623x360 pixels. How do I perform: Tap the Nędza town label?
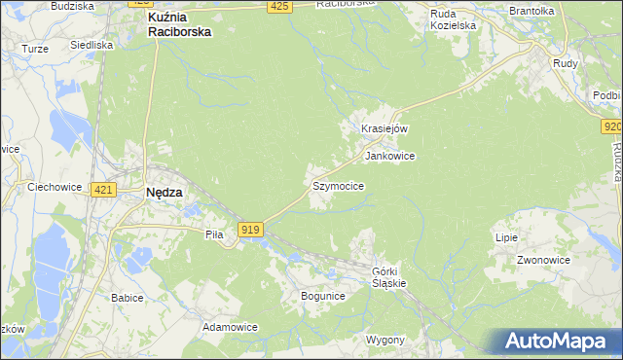164,193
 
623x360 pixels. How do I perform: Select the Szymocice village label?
338,185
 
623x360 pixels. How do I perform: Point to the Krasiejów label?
384,128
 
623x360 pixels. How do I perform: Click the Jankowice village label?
389,156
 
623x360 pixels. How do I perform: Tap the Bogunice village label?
323,295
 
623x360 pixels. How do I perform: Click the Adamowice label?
230,327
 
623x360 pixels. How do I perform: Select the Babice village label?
128,298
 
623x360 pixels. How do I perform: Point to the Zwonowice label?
543,261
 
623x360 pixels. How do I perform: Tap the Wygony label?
385,340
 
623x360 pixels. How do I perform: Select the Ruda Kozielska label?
455,19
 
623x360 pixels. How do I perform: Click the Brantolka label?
531,11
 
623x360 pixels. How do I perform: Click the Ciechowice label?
54,186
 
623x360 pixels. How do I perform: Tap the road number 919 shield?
250,229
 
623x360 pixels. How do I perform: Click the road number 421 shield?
103,190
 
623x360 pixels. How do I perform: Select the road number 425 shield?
279,7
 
